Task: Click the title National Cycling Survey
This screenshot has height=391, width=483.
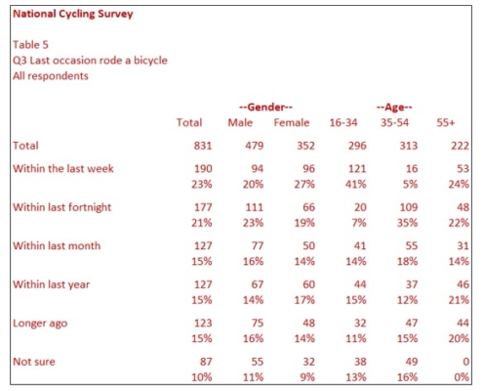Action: tap(73, 16)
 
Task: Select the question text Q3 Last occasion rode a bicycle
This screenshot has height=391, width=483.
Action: tap(90, 60)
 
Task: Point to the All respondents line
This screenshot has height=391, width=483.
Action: tap(50, 75)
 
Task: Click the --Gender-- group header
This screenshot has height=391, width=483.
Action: tap(265, 106)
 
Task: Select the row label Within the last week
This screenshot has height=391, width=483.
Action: tap(63, 168)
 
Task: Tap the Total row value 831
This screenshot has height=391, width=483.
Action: tap(190, 146)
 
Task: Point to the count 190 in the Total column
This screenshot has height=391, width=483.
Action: tap(190, 168)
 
